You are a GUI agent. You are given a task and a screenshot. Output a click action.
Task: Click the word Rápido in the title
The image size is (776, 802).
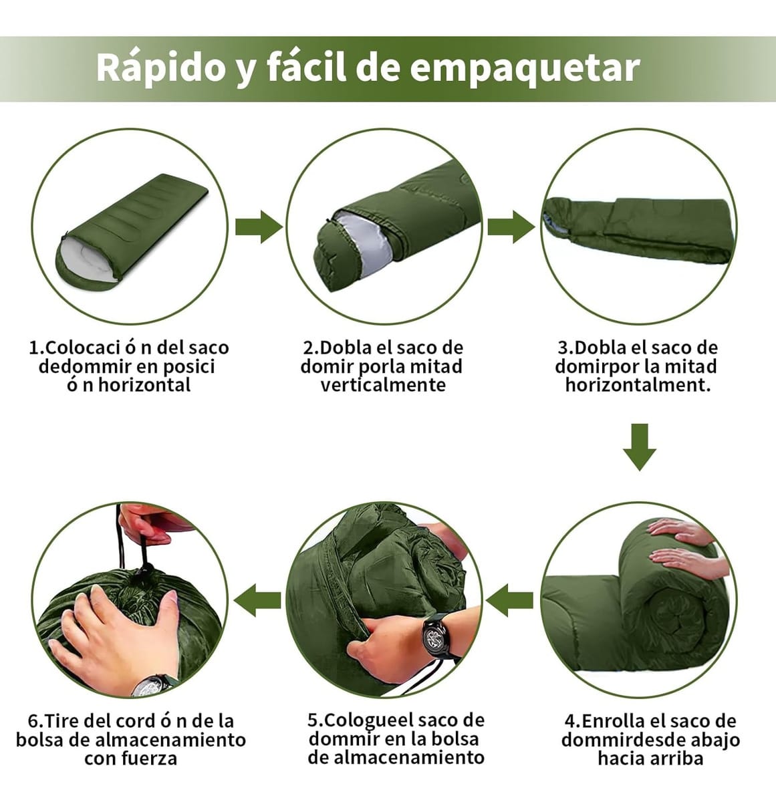click(160, 68)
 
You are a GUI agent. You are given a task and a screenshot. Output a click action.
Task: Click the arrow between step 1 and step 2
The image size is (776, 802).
click(259, 227)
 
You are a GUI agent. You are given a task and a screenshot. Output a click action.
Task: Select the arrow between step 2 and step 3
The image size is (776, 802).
click(511, 227)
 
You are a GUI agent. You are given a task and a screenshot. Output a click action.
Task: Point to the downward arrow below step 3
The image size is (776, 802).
click(639, 447)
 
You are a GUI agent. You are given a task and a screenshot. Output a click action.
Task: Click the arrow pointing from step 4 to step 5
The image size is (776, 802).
click(509, 600)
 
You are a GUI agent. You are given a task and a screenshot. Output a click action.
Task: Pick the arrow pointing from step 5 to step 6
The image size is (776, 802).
click(257, 600)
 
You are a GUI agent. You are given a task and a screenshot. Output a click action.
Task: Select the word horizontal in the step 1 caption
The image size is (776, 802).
click(144, 386)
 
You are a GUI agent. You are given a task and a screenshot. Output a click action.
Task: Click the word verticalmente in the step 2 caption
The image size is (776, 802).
click(383, 386)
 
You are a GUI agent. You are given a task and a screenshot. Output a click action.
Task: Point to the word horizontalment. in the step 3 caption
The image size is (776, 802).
click(638, 386)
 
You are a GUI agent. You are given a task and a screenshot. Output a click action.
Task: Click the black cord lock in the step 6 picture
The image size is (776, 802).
click(146, 571)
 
